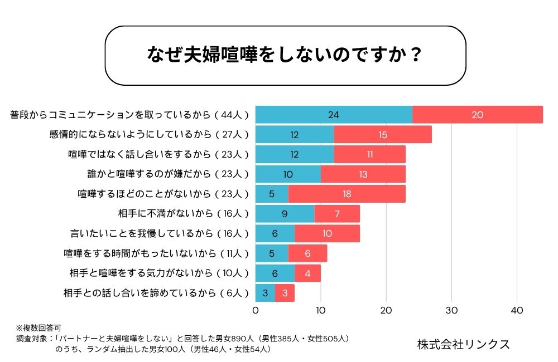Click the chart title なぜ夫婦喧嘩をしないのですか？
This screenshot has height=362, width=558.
[x=285, y=56]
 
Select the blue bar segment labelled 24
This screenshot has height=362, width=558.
[x=334, y=115]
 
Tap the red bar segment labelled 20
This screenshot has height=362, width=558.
[x=478, y=115]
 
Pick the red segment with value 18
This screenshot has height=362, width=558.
[x=347, y=194]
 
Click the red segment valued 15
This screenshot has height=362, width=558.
[x=383, y=135]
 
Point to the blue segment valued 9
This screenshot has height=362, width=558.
[x=285, y=213]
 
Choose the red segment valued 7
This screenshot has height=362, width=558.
[x=337, y=213]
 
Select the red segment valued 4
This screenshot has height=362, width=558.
[x=307, y=273]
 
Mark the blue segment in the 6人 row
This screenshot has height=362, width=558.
[x=265, y=293]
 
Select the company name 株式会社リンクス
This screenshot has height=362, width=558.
[x=463, y=344]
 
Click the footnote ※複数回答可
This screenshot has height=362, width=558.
[x=42, y=329]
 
